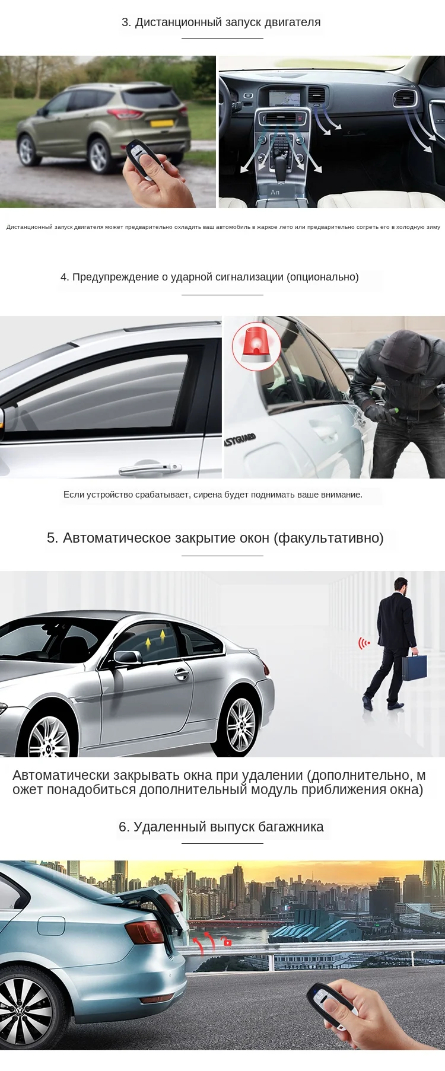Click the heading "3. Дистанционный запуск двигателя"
[221, 23]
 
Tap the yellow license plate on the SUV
[161, 123]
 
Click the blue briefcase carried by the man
[414, 667]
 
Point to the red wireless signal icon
[364, 643]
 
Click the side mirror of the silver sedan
[127, 657]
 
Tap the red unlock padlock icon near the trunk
[227, 941]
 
